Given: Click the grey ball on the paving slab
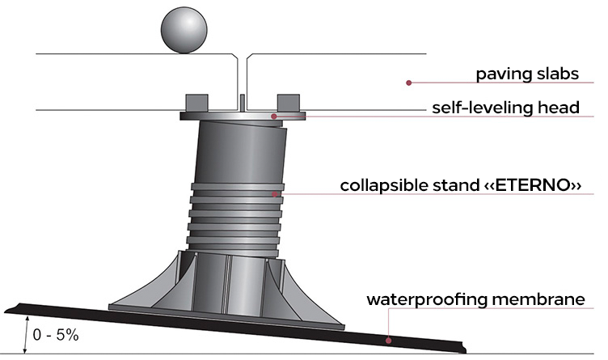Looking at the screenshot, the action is [x=184, y=30].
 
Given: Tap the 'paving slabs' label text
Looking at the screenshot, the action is [x=527, y=74].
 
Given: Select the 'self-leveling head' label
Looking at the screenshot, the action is [x=505, y=108].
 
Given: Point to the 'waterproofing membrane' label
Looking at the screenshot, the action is [x=475, y=299].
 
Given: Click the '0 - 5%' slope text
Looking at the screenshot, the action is [x=56, y=335].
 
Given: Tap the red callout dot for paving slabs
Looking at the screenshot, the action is [x=408, y=83].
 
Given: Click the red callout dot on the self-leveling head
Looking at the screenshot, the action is [x=274, y=116].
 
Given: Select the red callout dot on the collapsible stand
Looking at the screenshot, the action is [x=275, y=194].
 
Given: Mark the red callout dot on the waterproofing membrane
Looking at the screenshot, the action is [x=388, y=341].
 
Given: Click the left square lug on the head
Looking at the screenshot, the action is [x=197, y=103].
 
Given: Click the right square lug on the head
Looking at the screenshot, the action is [x=289, y=103].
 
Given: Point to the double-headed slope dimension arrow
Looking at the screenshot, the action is [x=27, y=335].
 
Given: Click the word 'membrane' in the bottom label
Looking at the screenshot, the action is [x=537, y=299].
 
